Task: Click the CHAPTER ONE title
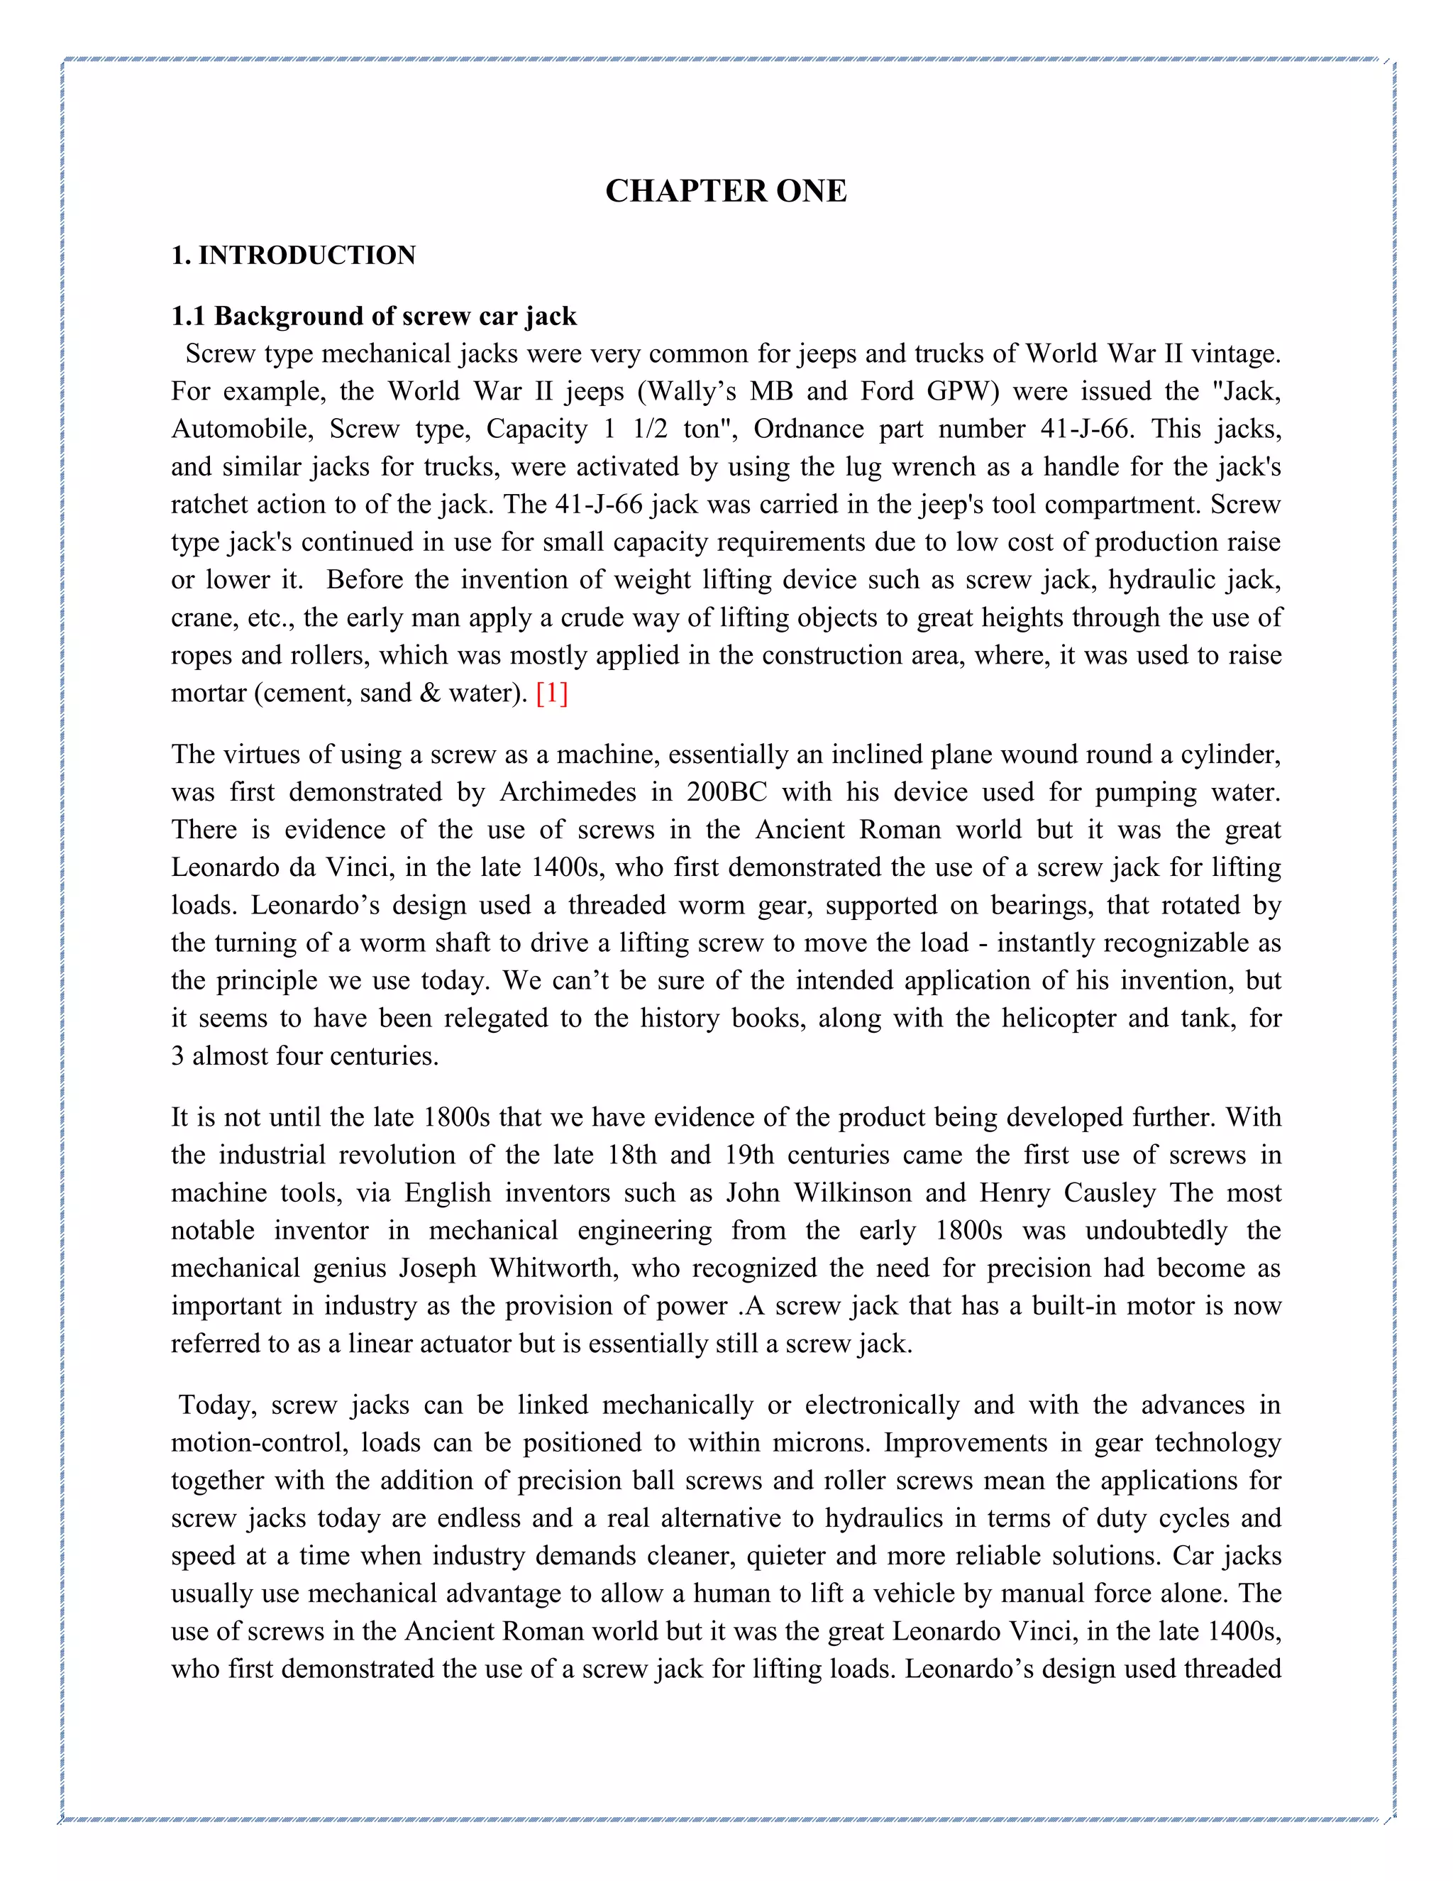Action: (x=725, y=191)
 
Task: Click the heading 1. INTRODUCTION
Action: (x=293, y=256)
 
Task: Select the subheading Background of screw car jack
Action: (x=395, y=317)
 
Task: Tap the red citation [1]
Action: (x=552, y=693)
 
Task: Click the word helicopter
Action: (x=1057, y=1018)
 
